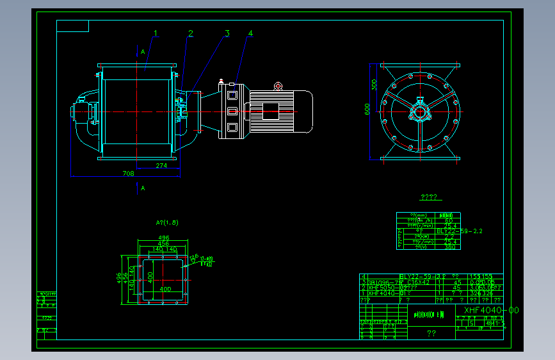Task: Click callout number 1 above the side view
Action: click(x=155, y=33)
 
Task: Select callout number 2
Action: click(x=190, y=33)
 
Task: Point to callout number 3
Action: click(x=227, y=33)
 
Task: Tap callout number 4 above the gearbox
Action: click(x=251, y=33)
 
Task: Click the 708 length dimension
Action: click(x=127, y=173)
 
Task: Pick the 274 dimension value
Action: click(x=161, y=166)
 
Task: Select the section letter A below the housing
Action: click(x=143, y=188)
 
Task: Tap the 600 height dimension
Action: click(x=367, y=110)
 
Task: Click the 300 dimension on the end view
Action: click(x=374, y=85)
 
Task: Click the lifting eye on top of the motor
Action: click(x=278, y=86)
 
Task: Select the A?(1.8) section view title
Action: click(x=167, y=223)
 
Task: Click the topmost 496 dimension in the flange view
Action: click(x=164, y=238)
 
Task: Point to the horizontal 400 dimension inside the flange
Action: click(x=165, y=289)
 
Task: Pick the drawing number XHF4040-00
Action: click(x=491, y=310)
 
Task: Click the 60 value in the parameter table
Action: click(x=448, y=221)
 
